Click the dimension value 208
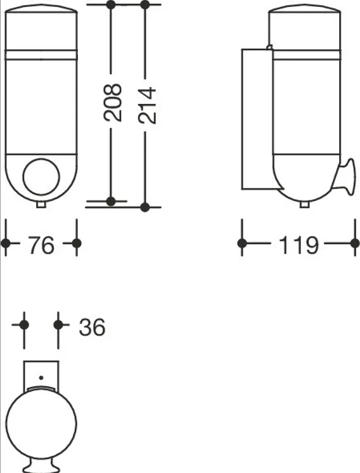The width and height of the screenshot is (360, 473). point(113,103)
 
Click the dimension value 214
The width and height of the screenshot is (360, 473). point(147,105)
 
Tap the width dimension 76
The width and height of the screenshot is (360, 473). point(41,245)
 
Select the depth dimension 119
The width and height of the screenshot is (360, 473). point(299,245)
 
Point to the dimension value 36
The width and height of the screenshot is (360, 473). point(93,327)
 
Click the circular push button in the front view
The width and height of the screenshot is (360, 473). point(41,178)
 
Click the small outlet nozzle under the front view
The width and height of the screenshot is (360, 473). point(41,205)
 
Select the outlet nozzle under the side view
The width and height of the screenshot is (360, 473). point(304,205)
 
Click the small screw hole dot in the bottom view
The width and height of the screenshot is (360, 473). point(41,378)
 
